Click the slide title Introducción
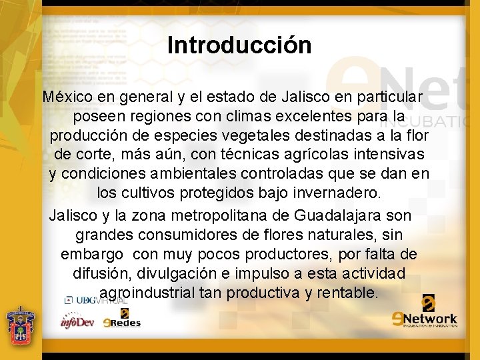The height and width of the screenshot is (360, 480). coord(239,45)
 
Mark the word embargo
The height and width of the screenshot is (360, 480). coord(92,255)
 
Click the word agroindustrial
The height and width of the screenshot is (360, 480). coord(147,293)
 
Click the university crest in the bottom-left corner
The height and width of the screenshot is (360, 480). coord(20,327)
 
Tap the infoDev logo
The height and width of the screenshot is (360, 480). coord(77,322)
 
